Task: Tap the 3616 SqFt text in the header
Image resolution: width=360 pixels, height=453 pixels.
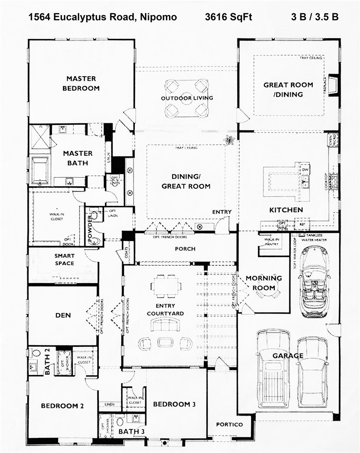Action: point(228,18)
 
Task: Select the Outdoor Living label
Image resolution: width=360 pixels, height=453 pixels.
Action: point(187,98)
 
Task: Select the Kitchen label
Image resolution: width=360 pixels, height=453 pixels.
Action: point(286,210)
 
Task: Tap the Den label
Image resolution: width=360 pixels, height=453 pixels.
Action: point(62,315)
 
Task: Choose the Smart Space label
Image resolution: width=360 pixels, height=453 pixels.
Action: point(64,260)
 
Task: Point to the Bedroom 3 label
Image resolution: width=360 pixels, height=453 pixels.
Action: point(174,404)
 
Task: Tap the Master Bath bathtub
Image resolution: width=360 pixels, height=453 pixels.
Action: point(40,170)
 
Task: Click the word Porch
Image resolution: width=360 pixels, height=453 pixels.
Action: point(185,249)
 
